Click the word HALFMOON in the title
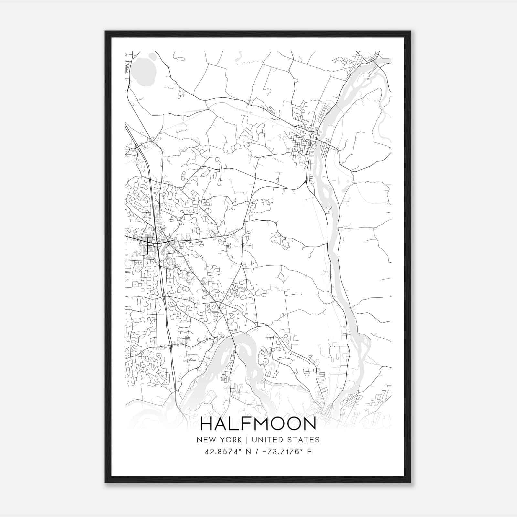click(258, 424)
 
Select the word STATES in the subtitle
click(305, 440)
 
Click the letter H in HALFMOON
click(206, 424)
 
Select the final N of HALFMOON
click(310, 424)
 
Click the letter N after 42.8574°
click(248, 452)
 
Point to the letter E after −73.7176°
click(310, 452)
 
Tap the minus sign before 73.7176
click(265, 452)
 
